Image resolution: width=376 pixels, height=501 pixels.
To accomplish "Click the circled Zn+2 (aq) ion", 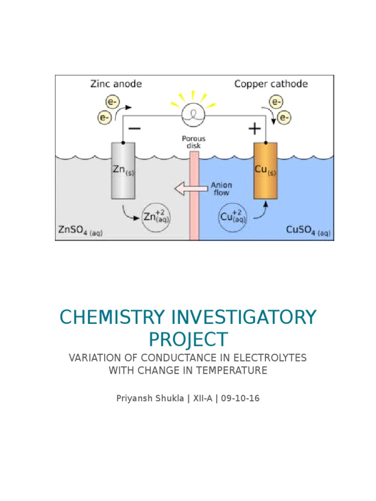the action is click(155, 216).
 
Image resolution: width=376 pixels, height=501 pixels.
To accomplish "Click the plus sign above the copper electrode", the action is click(255, 129).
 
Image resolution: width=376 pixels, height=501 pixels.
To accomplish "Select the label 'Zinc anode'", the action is click(116, 84).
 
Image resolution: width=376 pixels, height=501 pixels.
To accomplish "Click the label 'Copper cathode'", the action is click(271, 84).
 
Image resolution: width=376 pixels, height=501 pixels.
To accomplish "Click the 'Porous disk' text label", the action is click(194, 142).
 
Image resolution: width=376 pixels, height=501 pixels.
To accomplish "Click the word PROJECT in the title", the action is click(188, 339).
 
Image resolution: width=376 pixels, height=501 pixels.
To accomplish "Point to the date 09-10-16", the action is click(240, 398).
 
